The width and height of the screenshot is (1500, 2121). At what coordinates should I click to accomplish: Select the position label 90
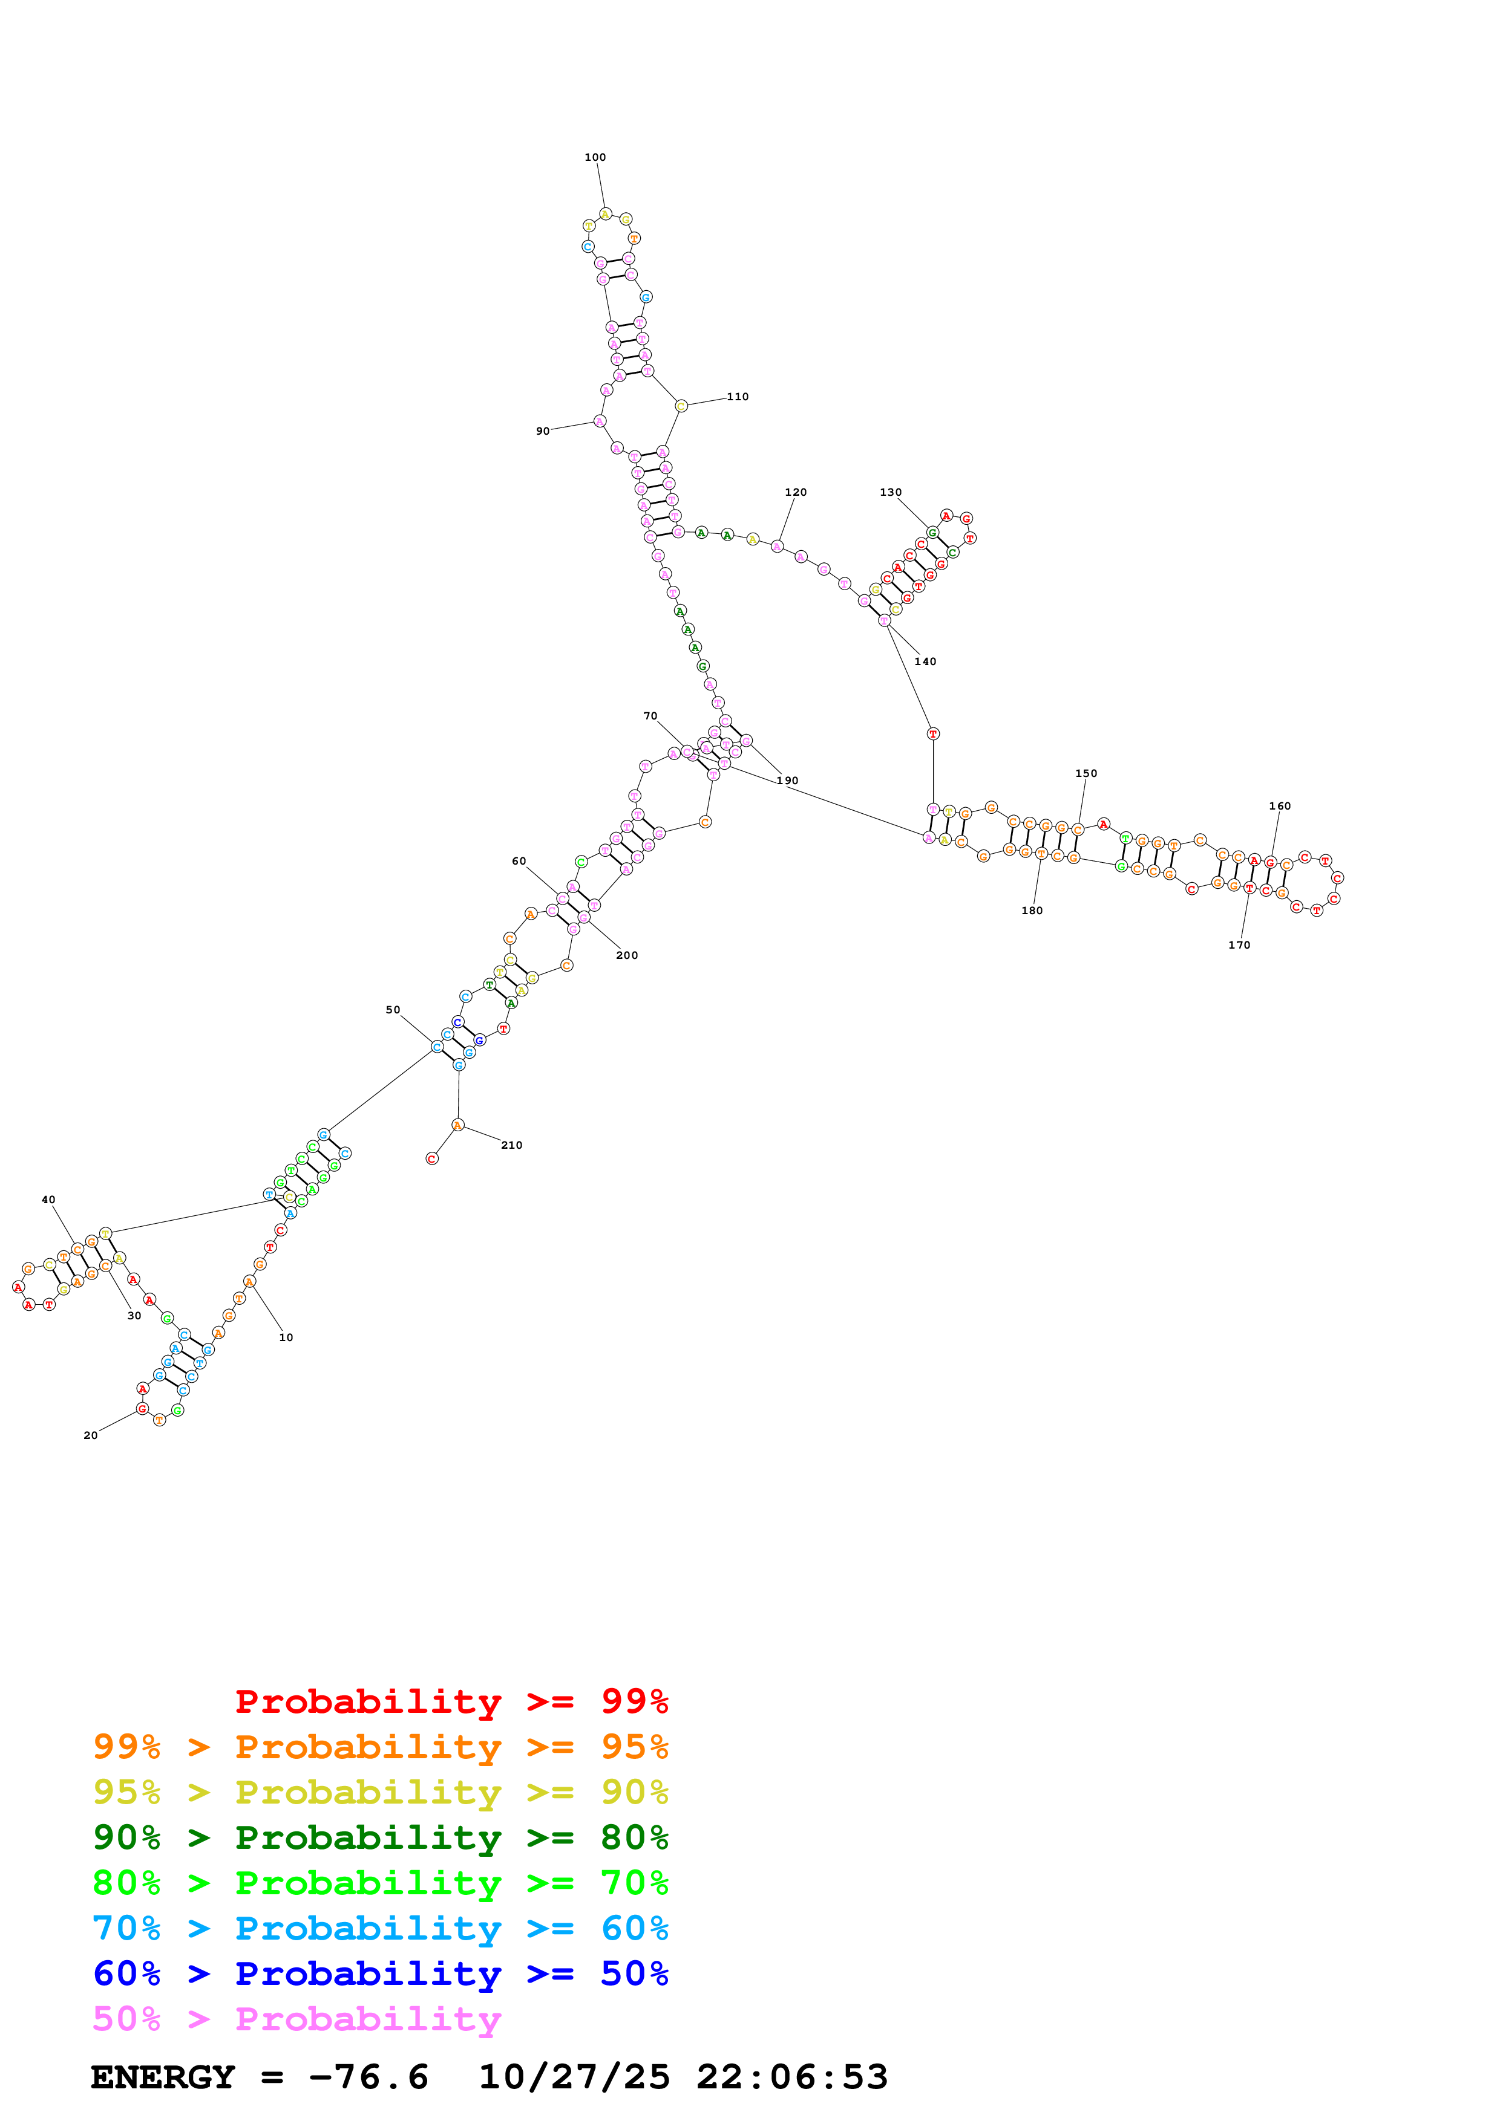click(x=543, y=432)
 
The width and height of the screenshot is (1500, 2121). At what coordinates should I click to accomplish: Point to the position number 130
click(x=890, y=492)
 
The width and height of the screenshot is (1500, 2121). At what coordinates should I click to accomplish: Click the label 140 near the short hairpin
click(x=925, y=661)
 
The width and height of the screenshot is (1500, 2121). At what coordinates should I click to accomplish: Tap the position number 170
click(x=1239, y=945)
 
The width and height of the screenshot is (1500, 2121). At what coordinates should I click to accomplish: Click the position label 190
click(x=787, y=781)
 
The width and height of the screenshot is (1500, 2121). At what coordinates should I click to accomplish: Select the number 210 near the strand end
click(x=511, y=1146)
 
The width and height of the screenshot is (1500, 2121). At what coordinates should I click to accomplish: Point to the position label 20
click(x=91, y=1435)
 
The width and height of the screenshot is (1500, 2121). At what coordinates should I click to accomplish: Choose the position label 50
click(x=393, y=1010)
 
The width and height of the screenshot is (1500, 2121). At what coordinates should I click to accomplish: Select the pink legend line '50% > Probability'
click(x=296, y=2019)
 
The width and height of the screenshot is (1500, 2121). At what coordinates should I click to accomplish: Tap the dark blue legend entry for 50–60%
click(x=380, y=1973)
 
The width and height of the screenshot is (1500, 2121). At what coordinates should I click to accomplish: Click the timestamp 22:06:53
click(x=792, y=2077)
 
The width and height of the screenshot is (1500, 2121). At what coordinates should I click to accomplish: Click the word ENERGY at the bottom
click(x=163, y=2077)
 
